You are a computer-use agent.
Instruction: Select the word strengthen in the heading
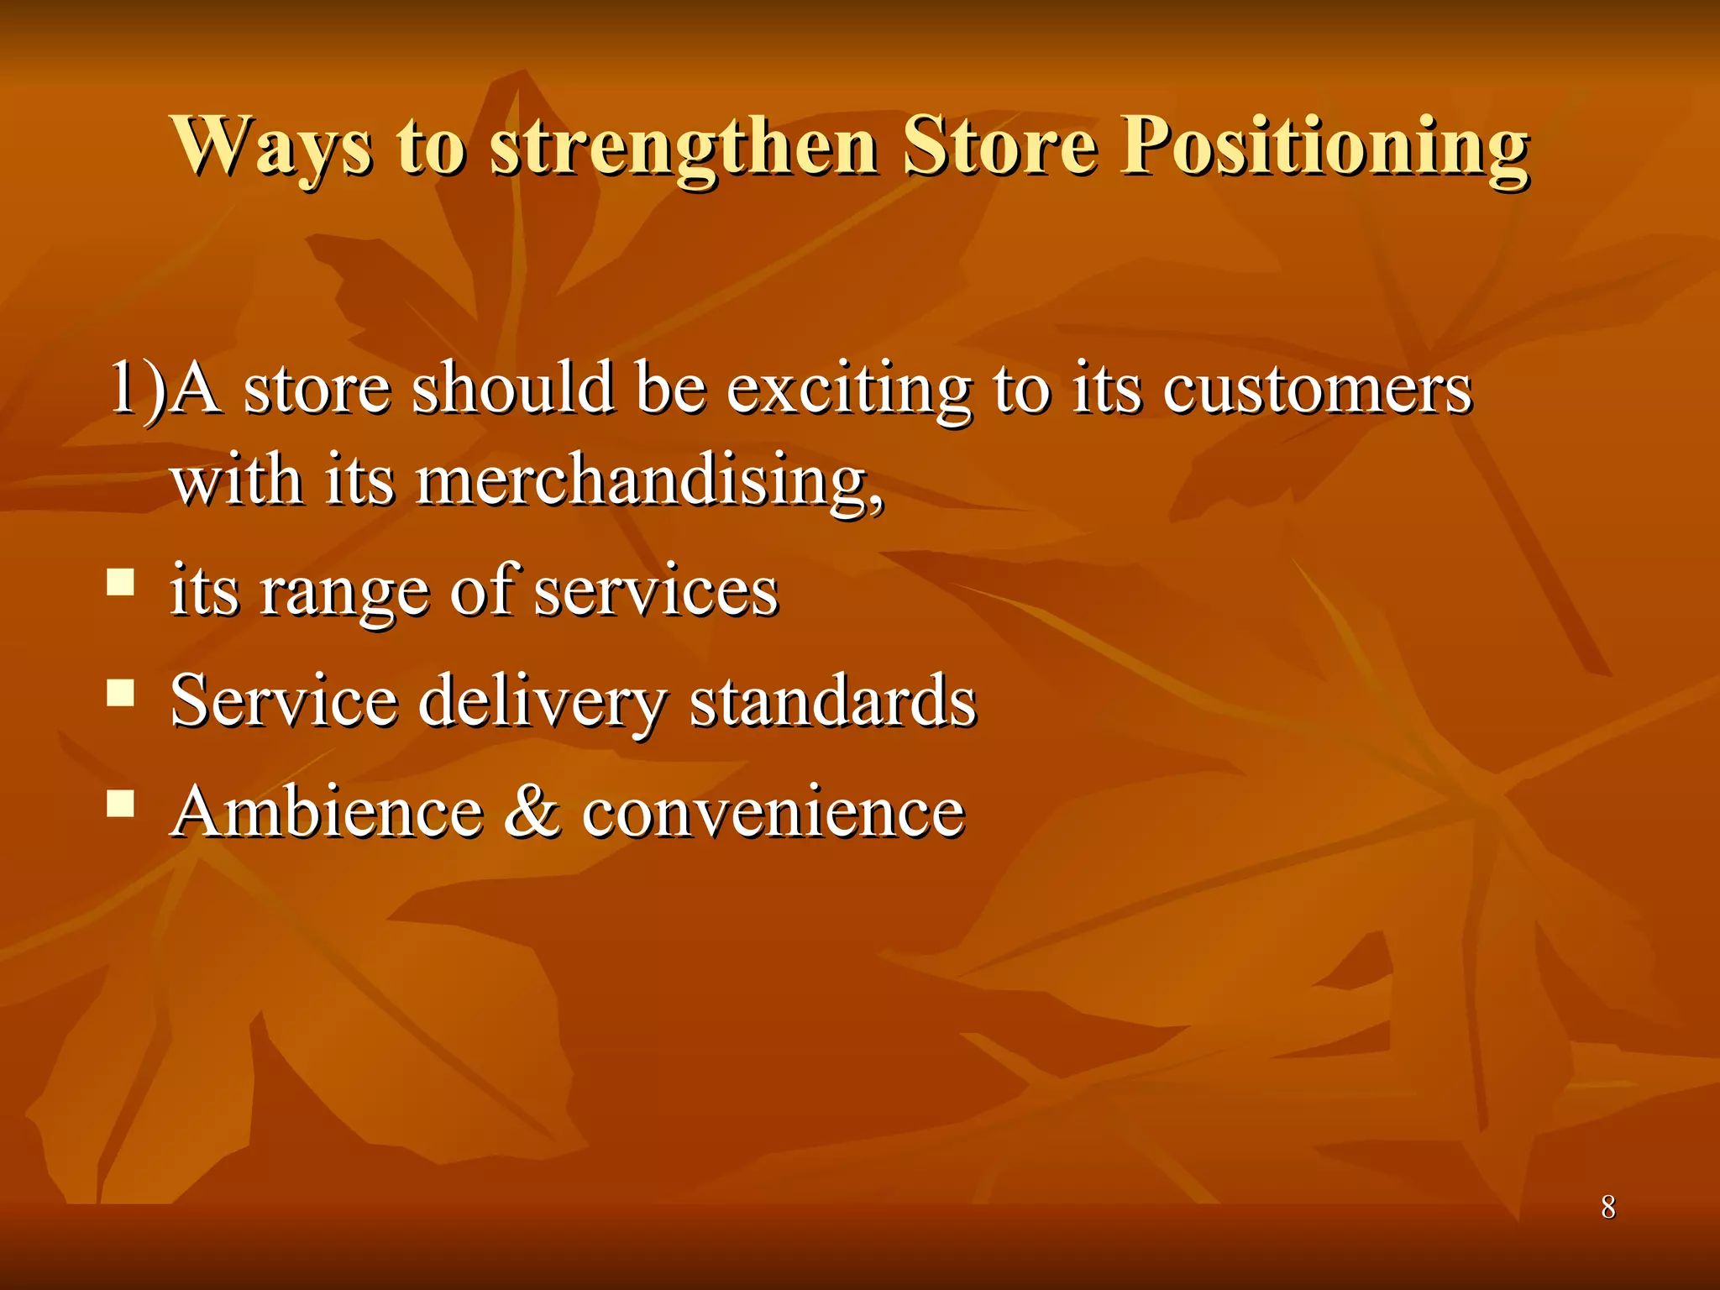(684, 147)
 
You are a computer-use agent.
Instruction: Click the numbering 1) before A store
(138, 388)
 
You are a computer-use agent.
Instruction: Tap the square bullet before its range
(121, 582)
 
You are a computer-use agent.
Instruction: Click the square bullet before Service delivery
(121, 693)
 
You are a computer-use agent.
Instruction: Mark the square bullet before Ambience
(121, 804)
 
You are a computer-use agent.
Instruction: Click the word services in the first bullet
(656, 592)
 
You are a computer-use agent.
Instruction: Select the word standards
(832, 701)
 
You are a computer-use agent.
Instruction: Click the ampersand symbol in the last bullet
(532, 812)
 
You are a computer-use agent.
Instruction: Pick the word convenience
(773, 813)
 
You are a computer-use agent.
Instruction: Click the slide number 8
(1607, 1207)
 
